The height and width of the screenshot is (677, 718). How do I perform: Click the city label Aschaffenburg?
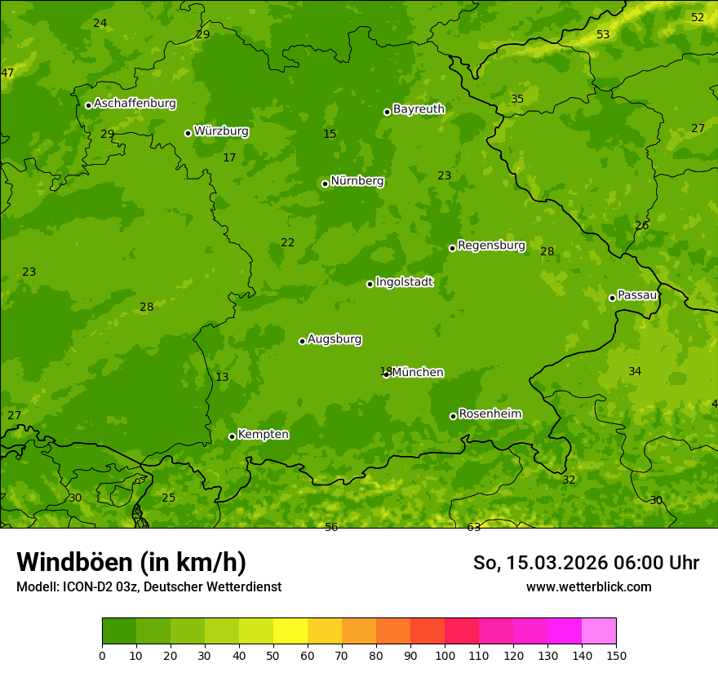(x=135, y=104)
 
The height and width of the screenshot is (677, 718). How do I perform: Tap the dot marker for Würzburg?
(x=188, y=133)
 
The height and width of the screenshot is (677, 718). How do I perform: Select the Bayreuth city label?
(x=419, y=109)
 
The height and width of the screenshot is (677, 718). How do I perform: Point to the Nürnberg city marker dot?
(x=325, y=184)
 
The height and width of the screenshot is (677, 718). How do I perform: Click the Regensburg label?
(x=491, y=246)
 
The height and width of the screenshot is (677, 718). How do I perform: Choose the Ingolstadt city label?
(x=404, y=282)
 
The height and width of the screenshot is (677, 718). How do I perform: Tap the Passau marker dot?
(x=612, y=298)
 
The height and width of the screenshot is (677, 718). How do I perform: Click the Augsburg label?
(x=335, y=339)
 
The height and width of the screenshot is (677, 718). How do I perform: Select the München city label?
(x=418, y=373)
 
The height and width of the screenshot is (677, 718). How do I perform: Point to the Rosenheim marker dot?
(x=453, y=416)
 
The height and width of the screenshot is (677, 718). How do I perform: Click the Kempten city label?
(x=263, y=435)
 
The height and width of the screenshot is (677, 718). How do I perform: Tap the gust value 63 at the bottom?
(x=473, y=528)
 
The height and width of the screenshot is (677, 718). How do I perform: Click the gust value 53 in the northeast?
(x=603, y=34)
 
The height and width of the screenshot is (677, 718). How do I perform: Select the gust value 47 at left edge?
(x=7, y=73)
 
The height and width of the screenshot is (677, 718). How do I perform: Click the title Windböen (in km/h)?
(x=131, y=562)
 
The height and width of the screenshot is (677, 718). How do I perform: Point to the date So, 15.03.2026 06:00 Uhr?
(x=586, y=563)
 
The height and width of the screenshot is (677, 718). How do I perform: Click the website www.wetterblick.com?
(x=588, y=587)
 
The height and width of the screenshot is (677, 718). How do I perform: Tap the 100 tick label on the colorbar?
(x=445, y=656)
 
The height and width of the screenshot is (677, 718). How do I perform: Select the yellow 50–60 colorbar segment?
(x=290, y=631)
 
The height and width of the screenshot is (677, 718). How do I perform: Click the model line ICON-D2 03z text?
(x=148, y=587)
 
